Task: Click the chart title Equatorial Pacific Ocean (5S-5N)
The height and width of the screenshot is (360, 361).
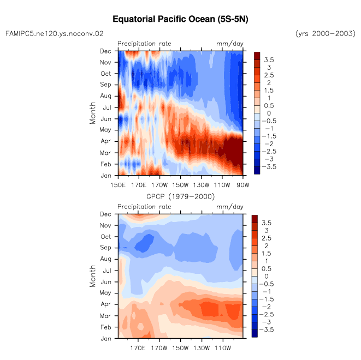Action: click(180, 19)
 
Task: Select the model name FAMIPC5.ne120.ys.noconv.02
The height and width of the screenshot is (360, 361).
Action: click(55, 34)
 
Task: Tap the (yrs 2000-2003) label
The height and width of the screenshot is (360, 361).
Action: click(326, 34)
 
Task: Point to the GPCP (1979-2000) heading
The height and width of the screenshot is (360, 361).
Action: click(180, 196)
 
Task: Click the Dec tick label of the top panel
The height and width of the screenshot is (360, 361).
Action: click(105, 51)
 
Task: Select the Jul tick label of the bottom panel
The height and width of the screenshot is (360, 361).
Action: click(107, 271)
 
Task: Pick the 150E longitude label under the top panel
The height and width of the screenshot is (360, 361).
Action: click(118, 185)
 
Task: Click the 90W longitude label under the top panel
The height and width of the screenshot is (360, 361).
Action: click(243, 185)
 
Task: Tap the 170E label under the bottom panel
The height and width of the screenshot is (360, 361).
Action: click(138, 348)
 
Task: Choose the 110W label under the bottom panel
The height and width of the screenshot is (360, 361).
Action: click(223, 348)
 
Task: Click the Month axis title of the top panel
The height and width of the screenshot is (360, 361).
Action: click(92, 113)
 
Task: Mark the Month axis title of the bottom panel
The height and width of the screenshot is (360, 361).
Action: click(92, 276)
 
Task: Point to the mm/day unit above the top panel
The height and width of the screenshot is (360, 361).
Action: click(230, 44)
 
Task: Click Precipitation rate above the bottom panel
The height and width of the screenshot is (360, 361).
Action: click(144, 206)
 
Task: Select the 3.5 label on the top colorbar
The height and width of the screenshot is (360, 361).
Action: click(269, 60)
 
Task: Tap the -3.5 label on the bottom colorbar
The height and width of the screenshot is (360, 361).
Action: click(267, 329)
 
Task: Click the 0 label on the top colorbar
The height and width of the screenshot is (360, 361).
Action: click(269, 113)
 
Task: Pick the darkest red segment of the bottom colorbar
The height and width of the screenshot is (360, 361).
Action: click(255, 219)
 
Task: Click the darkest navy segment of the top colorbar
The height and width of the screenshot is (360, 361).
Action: click(257, 170)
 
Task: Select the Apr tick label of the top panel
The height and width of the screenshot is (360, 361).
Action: click(105, 141)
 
